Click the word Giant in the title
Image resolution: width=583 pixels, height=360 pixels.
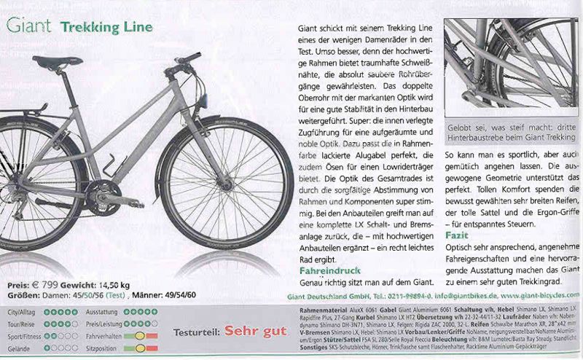point(28,27)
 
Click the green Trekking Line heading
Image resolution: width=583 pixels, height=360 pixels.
point(106,28)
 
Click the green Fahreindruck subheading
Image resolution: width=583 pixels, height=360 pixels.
point(325,270)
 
